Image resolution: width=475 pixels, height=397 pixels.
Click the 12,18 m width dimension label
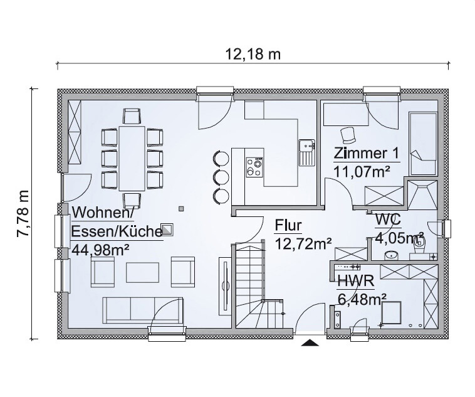click(253, 55)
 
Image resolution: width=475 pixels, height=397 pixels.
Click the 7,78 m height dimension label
click(23, 213)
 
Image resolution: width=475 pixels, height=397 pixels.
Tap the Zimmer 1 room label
click(366, 154)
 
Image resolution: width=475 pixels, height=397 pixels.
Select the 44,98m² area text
click(101, 250)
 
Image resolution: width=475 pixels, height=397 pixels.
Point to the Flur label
click(288, 226)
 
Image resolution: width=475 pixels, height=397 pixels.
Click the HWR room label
click(356, 281)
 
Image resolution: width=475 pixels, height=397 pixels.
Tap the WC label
click(388, 220)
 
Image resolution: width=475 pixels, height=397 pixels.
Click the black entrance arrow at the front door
click(310, 342)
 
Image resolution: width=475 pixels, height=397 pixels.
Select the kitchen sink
click(308, 152)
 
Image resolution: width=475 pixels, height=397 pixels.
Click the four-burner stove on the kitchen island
click(254, 167)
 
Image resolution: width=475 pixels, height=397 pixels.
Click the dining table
click(132, 158)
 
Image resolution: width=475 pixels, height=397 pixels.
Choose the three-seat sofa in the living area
click(143, 310)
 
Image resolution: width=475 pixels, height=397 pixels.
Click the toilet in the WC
click(420, 246)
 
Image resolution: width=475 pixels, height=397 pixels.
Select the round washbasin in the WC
click(392, 256)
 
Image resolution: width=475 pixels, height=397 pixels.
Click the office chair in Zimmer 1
click(348, 135)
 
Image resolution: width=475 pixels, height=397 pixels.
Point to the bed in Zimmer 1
click(423, 143)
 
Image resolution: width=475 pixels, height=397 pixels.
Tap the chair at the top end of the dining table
click(132, 117)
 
